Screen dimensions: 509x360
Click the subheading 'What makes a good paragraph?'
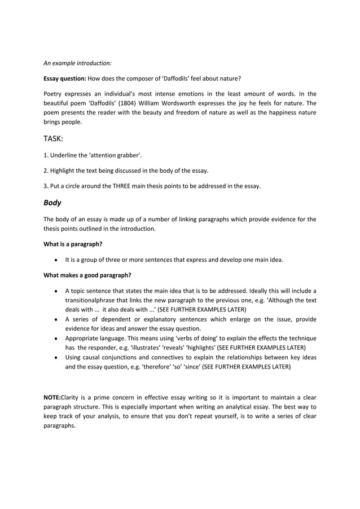coord(87,275)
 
